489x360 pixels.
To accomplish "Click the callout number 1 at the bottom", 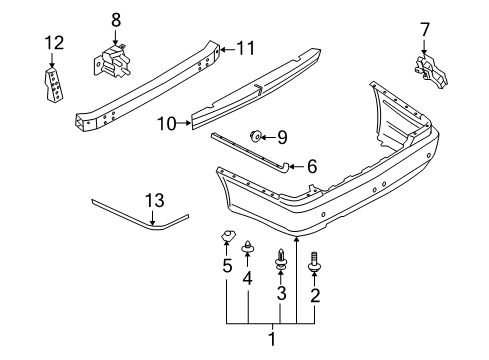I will click(270, 340).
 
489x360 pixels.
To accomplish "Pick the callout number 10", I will click(167, 124).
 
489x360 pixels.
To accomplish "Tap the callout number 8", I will click(115, 18).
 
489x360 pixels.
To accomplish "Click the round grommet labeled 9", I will click(256, 136).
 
